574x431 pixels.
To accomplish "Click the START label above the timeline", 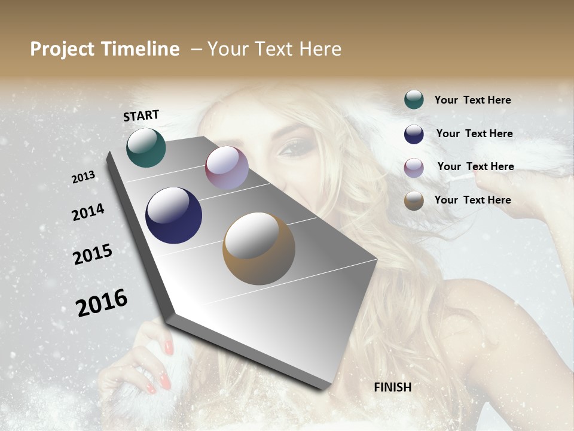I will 141,116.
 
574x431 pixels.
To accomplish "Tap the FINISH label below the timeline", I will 392,387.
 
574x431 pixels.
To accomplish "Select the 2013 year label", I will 83,177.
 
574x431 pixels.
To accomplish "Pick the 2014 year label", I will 88,213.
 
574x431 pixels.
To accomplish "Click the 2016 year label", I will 102,303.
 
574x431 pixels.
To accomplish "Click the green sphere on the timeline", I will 146,147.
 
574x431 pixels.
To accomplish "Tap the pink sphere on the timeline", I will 227,168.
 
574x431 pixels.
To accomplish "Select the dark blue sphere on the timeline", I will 173,215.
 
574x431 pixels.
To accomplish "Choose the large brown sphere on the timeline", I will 259,248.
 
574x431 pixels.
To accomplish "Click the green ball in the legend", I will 414,100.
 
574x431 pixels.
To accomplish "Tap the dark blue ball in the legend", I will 414,133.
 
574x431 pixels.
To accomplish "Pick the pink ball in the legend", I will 414,167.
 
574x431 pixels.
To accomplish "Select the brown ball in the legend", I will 414,201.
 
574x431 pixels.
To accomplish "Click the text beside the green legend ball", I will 472,100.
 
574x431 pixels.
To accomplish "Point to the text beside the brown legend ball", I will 472,200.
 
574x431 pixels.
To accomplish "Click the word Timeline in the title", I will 141,49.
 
